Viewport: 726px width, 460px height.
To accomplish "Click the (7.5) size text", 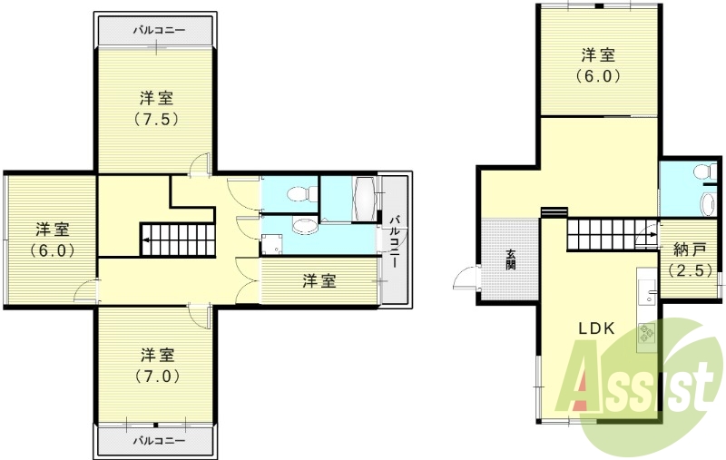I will pos(157,119).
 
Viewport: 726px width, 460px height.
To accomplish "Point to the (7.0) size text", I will pos(157,375).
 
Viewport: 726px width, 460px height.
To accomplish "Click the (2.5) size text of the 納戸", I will pos(691,269).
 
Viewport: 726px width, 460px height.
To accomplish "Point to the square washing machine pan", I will pos(272,246).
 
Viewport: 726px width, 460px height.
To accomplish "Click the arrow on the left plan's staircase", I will pos(145,242).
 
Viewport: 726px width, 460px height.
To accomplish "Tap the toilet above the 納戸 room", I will pos(700,172).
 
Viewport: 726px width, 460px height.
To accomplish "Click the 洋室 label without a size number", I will pos(319,281).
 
